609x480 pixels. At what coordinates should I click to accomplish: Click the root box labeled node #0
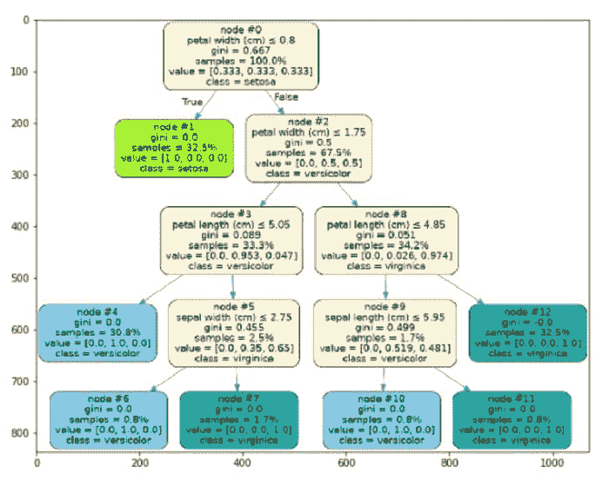[x=241, y=56]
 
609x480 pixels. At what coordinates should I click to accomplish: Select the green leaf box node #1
[x=175, y=149]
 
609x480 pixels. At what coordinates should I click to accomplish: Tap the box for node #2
[x=309, y=148]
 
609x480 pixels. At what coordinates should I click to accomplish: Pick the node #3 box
[x=231, y=241]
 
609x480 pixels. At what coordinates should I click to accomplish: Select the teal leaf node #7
[x=239, y=419]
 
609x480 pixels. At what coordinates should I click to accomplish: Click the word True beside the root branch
[x=191, y=102]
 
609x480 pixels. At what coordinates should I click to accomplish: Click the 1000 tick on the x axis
[x=552, y=463]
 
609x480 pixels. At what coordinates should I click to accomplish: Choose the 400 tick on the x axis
[x=243, y=463]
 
